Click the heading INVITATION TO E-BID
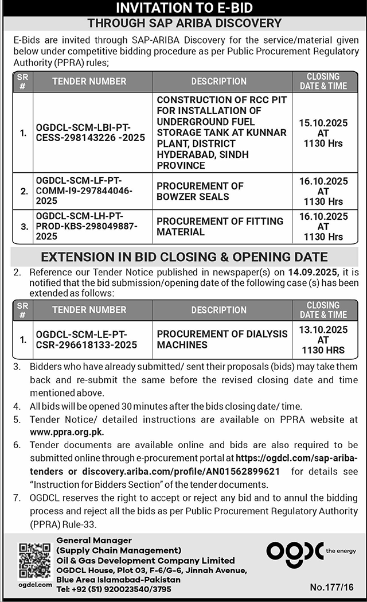coord(183,8)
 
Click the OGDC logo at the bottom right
coord(295,551)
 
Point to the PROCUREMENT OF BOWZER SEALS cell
coord(200,191)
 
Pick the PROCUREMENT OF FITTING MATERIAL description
coord(220,226)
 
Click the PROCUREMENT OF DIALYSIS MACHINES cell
coord(222,339)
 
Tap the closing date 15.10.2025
coord(323,123)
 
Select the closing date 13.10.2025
coord(323,330)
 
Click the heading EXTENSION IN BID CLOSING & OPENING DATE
coord(184,257)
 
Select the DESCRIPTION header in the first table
coord(218,81)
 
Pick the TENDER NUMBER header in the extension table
coord(89,310)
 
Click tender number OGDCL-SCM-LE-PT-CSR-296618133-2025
coord(86,339)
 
